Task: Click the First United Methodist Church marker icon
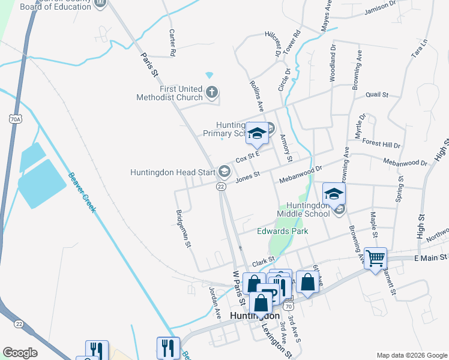point(211,92)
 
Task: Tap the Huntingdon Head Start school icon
point(224,172)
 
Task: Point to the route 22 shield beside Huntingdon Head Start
point(221,187)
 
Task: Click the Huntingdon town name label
point(255,316)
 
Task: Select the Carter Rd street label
point(172,43)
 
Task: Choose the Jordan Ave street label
point(212,298)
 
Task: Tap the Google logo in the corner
point(20,353)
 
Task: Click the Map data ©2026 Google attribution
point(411,355)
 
